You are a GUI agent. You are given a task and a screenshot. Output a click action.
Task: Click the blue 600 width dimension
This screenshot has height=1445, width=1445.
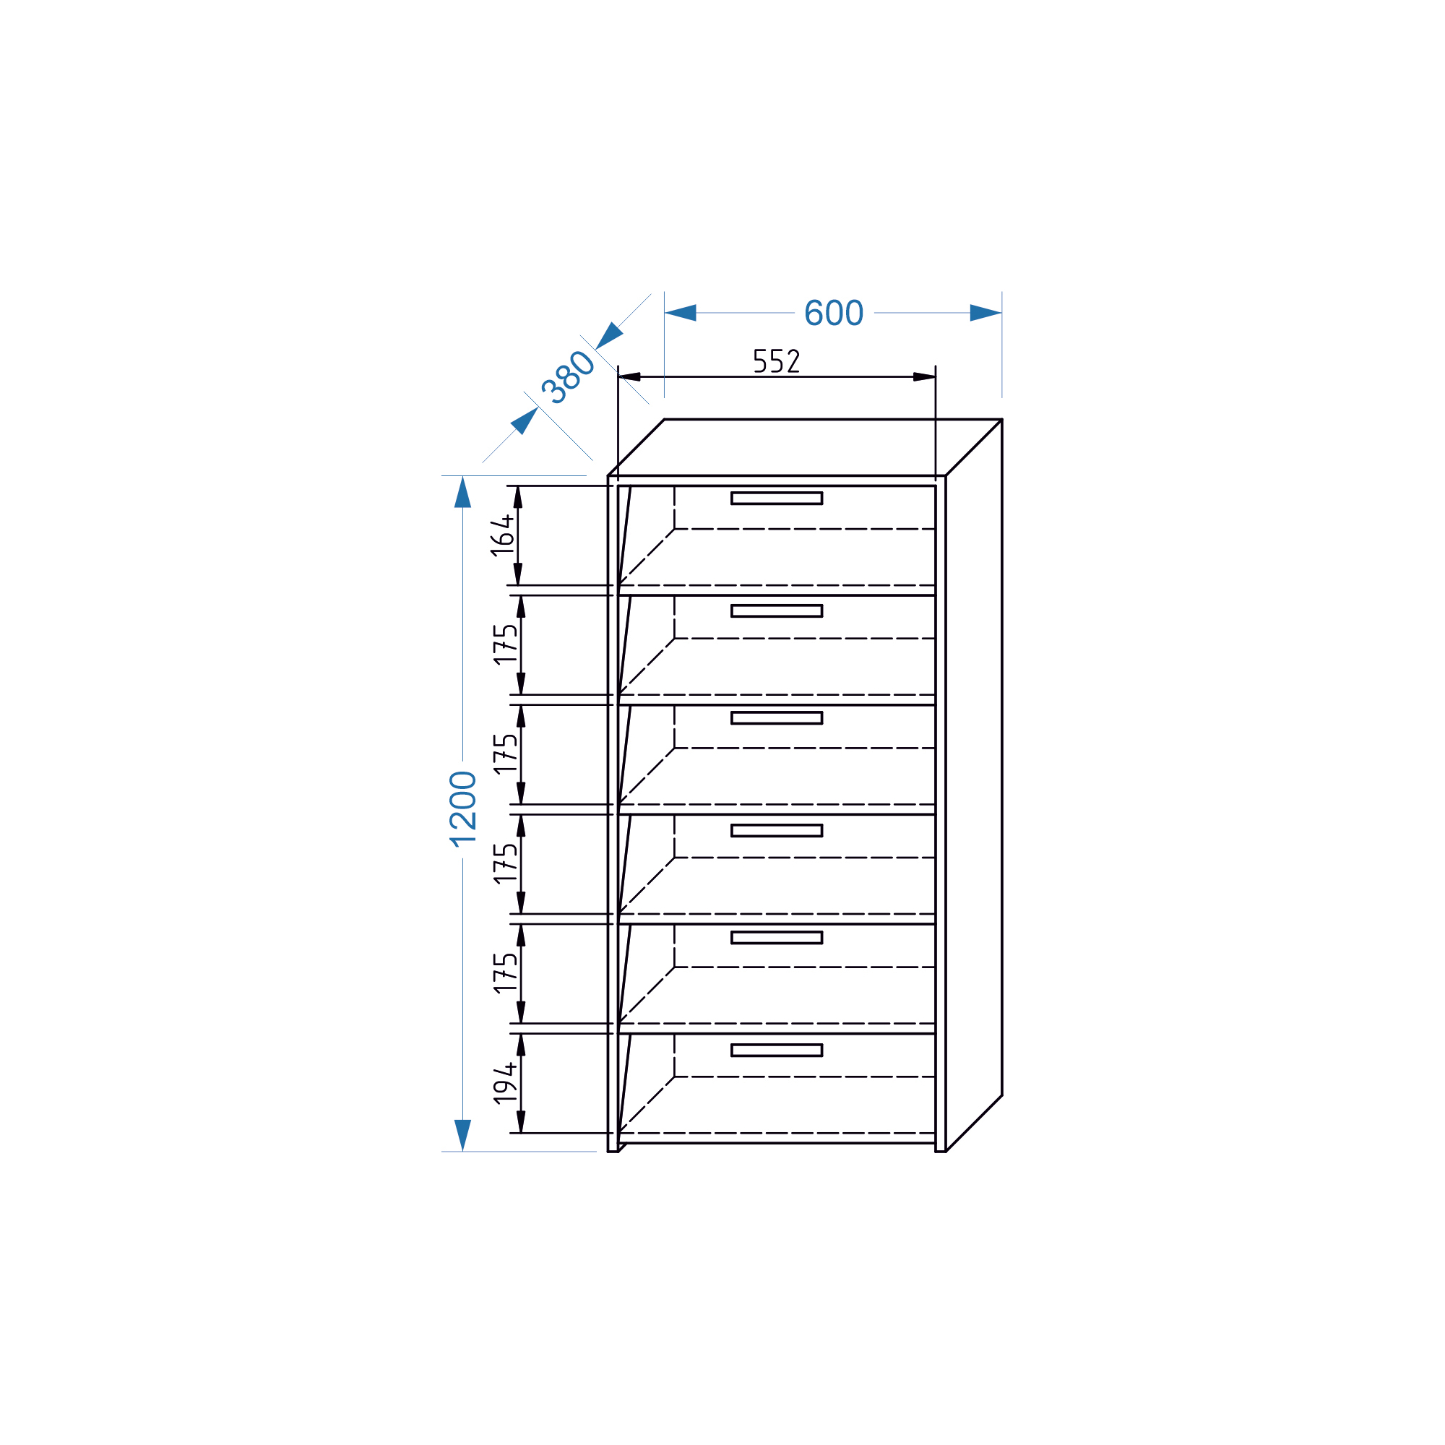(x=834, y=313)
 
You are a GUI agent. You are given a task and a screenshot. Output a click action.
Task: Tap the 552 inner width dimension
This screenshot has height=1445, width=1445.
(x=777, y=361)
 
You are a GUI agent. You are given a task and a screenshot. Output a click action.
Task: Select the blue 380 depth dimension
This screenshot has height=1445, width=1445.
(x=568, y=377)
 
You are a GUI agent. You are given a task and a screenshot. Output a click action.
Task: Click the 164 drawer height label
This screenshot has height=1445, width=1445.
(x=502, y=535)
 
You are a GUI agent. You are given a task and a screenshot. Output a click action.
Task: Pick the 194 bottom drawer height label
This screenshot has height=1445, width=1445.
(x=505, y=1083)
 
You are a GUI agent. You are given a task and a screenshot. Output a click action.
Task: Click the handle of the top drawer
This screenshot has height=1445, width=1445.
(x=777, y=498)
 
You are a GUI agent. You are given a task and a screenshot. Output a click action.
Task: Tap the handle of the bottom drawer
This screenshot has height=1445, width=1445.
(x=777, y=1050)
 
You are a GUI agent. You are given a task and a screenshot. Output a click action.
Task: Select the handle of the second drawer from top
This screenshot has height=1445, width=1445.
(x=777, y=611)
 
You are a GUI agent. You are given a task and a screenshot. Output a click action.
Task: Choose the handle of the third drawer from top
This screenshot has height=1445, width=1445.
(x=777, y=718)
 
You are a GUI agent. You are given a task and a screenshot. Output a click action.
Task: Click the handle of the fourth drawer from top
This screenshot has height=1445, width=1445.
(x=777, y=830)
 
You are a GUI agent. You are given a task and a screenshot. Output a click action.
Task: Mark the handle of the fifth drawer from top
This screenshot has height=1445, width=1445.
(x=777, y=938)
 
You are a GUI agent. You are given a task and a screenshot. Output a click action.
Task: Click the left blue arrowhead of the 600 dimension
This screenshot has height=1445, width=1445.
(x=681, y=313)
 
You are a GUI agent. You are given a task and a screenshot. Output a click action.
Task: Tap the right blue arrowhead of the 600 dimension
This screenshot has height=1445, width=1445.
(x=985, y=313)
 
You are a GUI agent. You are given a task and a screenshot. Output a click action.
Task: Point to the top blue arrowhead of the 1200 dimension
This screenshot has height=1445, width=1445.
(x=463, y=492)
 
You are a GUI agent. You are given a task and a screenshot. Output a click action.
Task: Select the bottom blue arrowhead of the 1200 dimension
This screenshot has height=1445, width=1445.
(x=463, y=1135)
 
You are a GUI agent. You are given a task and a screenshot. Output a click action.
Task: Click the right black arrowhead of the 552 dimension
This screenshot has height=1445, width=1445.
(x=925, y=377)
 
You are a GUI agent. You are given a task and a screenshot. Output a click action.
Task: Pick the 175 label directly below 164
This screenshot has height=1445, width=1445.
(x=505, y=644)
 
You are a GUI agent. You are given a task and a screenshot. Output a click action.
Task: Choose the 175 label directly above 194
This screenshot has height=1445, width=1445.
(x=505, y=973)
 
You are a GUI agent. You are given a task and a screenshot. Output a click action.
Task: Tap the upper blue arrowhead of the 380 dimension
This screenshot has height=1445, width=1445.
(x=609, y=336)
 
